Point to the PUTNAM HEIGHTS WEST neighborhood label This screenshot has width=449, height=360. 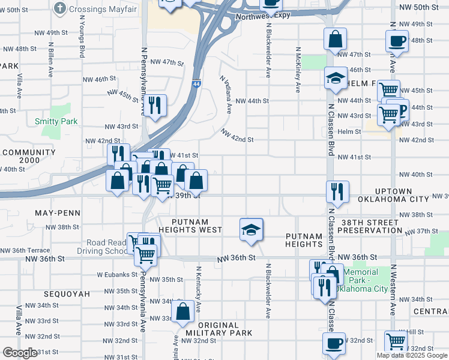[x=190, y=230]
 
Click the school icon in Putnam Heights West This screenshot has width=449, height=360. [x=251, y=229]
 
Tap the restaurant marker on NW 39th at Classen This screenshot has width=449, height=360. [x=337, y=192]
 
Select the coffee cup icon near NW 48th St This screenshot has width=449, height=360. [x=397, y=41]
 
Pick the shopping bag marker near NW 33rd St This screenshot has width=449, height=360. [x=182, y=311]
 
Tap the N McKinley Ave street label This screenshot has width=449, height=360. [x=298, y=70]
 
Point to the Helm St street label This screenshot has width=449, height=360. [x=349, y=131]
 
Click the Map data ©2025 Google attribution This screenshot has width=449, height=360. [x=412, y=355]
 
